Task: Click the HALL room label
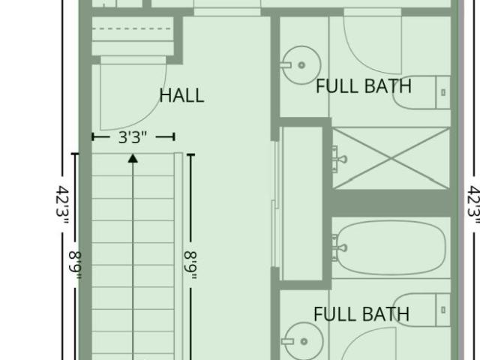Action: click(181, 95)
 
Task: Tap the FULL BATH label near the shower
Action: click(364, 86)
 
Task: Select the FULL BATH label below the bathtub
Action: click(361, 314)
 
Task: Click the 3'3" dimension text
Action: click(133, 137)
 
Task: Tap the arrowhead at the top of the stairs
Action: click(133, 158)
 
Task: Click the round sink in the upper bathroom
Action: click(301, 65)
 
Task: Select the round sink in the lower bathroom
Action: click(304, 341)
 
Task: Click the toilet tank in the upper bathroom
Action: click(443, 92)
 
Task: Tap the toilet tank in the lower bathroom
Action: click(443, 310)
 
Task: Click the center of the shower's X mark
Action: click(391, 158)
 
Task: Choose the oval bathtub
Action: click(389, 247)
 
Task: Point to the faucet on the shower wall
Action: click(339, 159)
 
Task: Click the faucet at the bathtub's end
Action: click(339, 247)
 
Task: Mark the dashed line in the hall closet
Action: click(131, 28)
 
